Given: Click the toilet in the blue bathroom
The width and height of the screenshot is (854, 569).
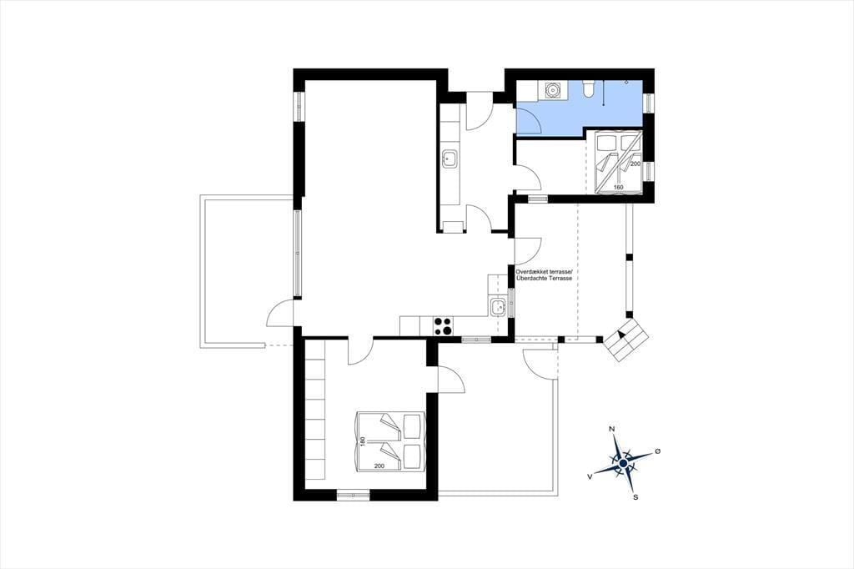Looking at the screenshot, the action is click(588, 88).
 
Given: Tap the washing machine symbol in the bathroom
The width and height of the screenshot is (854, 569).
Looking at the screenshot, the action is click(552, 90).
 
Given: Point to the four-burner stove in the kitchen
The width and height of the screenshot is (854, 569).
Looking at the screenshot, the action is click(444, 325).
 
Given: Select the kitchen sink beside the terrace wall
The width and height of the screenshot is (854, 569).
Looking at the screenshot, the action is click(498, 307).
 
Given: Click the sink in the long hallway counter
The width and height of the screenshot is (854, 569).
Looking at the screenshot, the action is click(449, 159).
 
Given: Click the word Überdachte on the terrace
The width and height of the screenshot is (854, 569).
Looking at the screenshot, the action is click(536, 279).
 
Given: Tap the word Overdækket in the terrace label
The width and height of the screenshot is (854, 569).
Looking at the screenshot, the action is click(532, 271).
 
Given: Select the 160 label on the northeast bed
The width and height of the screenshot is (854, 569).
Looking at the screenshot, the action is click(618, 188).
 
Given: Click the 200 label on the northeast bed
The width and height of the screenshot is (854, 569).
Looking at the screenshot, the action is click(635, 164).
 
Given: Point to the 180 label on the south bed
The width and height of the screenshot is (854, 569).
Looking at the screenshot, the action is click(363, 441).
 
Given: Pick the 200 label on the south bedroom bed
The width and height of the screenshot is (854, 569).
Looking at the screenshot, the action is click(379, 466).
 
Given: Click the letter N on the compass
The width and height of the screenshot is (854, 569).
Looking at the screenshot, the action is click(611, 430).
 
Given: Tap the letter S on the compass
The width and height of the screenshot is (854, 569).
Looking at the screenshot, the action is click(635, 497).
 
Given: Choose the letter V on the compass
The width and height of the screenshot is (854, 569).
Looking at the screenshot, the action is click(590, 476).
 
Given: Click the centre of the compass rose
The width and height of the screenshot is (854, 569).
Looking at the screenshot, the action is click(623, 463).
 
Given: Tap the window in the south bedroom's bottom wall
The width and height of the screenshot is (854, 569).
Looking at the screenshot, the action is click(353, 495).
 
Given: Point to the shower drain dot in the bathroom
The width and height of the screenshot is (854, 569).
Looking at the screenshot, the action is click(627, 83).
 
